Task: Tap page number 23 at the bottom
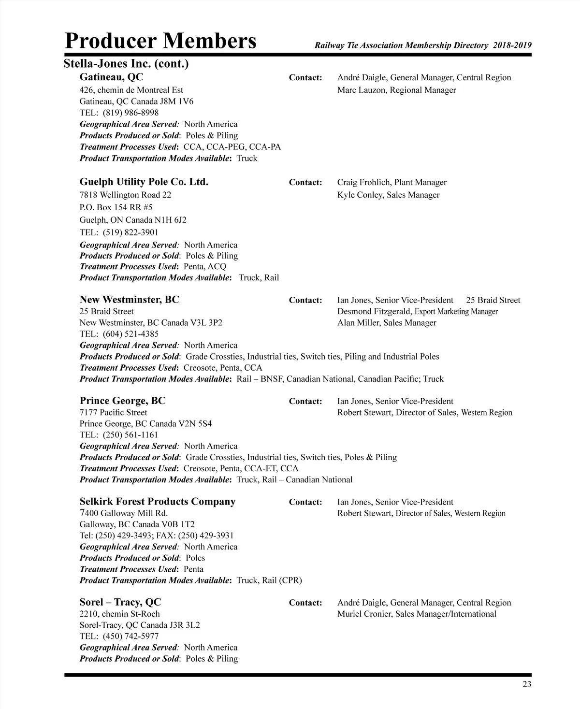526,684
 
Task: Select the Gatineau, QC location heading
111,77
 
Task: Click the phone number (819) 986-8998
130,113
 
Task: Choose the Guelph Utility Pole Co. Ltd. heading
144,182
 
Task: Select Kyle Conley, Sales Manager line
388,195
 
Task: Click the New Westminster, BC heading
129,300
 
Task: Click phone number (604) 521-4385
130,334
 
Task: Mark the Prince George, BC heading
122,401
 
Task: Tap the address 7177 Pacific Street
114,412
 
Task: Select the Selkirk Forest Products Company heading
158,501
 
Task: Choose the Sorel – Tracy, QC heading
120,602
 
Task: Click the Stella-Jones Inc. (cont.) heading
126,64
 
